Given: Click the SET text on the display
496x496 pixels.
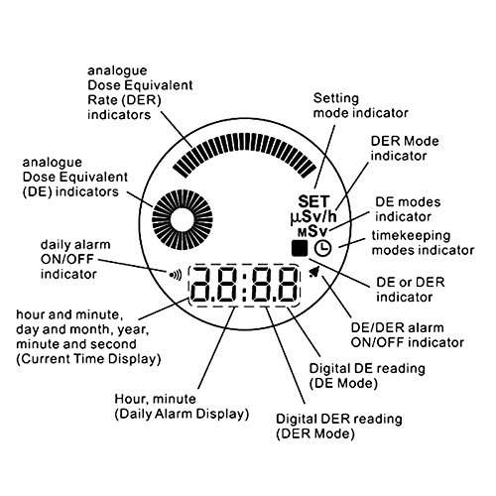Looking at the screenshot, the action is [x=313, y=201].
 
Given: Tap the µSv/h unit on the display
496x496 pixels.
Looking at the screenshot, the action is [x=313, y=217].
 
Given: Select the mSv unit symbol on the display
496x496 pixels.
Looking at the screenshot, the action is [x=312, y=231].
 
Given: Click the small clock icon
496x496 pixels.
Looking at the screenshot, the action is [x=322, y=248].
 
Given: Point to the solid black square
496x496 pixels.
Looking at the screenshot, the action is [x=300, y=248].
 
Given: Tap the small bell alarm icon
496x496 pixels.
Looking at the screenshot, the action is [x=313, y=272].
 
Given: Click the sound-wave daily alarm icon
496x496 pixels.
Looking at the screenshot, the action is [x=176, y=275].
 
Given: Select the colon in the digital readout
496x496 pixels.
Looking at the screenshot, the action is [x=244, y=286].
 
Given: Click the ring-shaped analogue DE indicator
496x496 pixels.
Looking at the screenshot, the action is [x=183, y=219].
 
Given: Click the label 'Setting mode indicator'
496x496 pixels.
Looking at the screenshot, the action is [x=360, y=105].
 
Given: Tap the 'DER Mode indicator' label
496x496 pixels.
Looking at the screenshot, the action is [x=405, y=148].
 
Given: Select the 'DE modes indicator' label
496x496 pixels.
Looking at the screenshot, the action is [x=408, y=209].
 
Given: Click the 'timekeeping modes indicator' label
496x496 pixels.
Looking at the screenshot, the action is [x=423, y=242].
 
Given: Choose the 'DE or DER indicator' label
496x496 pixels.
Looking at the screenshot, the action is [x=411, y=290].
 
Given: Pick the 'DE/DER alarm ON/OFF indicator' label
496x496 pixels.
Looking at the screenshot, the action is [x=408, y=335].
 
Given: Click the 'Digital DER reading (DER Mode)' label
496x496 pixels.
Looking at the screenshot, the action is [x=339, y=426].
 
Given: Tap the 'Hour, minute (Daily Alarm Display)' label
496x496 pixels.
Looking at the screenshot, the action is [x=182, y=406].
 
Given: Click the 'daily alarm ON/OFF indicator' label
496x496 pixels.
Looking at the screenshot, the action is [x=75, y=259].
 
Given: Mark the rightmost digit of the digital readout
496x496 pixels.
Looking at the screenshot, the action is [x=288, y=285].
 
